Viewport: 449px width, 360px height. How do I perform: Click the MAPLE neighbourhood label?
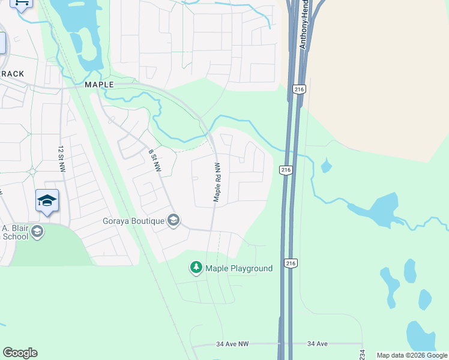click(x=99, y=85)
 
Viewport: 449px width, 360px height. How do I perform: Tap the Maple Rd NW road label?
click(x=218, y=182)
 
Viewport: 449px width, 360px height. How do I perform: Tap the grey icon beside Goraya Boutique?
click(x=173, y=221)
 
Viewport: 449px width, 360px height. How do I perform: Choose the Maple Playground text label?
click(x=239, y=268)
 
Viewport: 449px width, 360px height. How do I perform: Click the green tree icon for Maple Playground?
click(x=196, y=268)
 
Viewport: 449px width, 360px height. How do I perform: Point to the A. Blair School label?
click(x=16, y=232)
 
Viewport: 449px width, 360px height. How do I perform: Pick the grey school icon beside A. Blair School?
click(x=37, y=232)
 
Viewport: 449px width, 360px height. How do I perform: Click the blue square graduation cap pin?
click(x=47, y=200)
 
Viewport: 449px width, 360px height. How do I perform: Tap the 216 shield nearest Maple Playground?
click(x=291, y=263)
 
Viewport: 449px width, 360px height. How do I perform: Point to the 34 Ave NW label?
click(x=232, y=344)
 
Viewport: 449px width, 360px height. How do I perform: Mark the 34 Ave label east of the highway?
click(x=318, y=344)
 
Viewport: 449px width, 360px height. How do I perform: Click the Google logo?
click(x=20, y=353)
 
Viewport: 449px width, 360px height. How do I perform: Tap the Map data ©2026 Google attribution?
click(x=412, y=355)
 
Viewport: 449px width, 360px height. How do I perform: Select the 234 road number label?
click(x=362, y=355)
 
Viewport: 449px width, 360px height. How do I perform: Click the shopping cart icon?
click(x=22, y=4)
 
